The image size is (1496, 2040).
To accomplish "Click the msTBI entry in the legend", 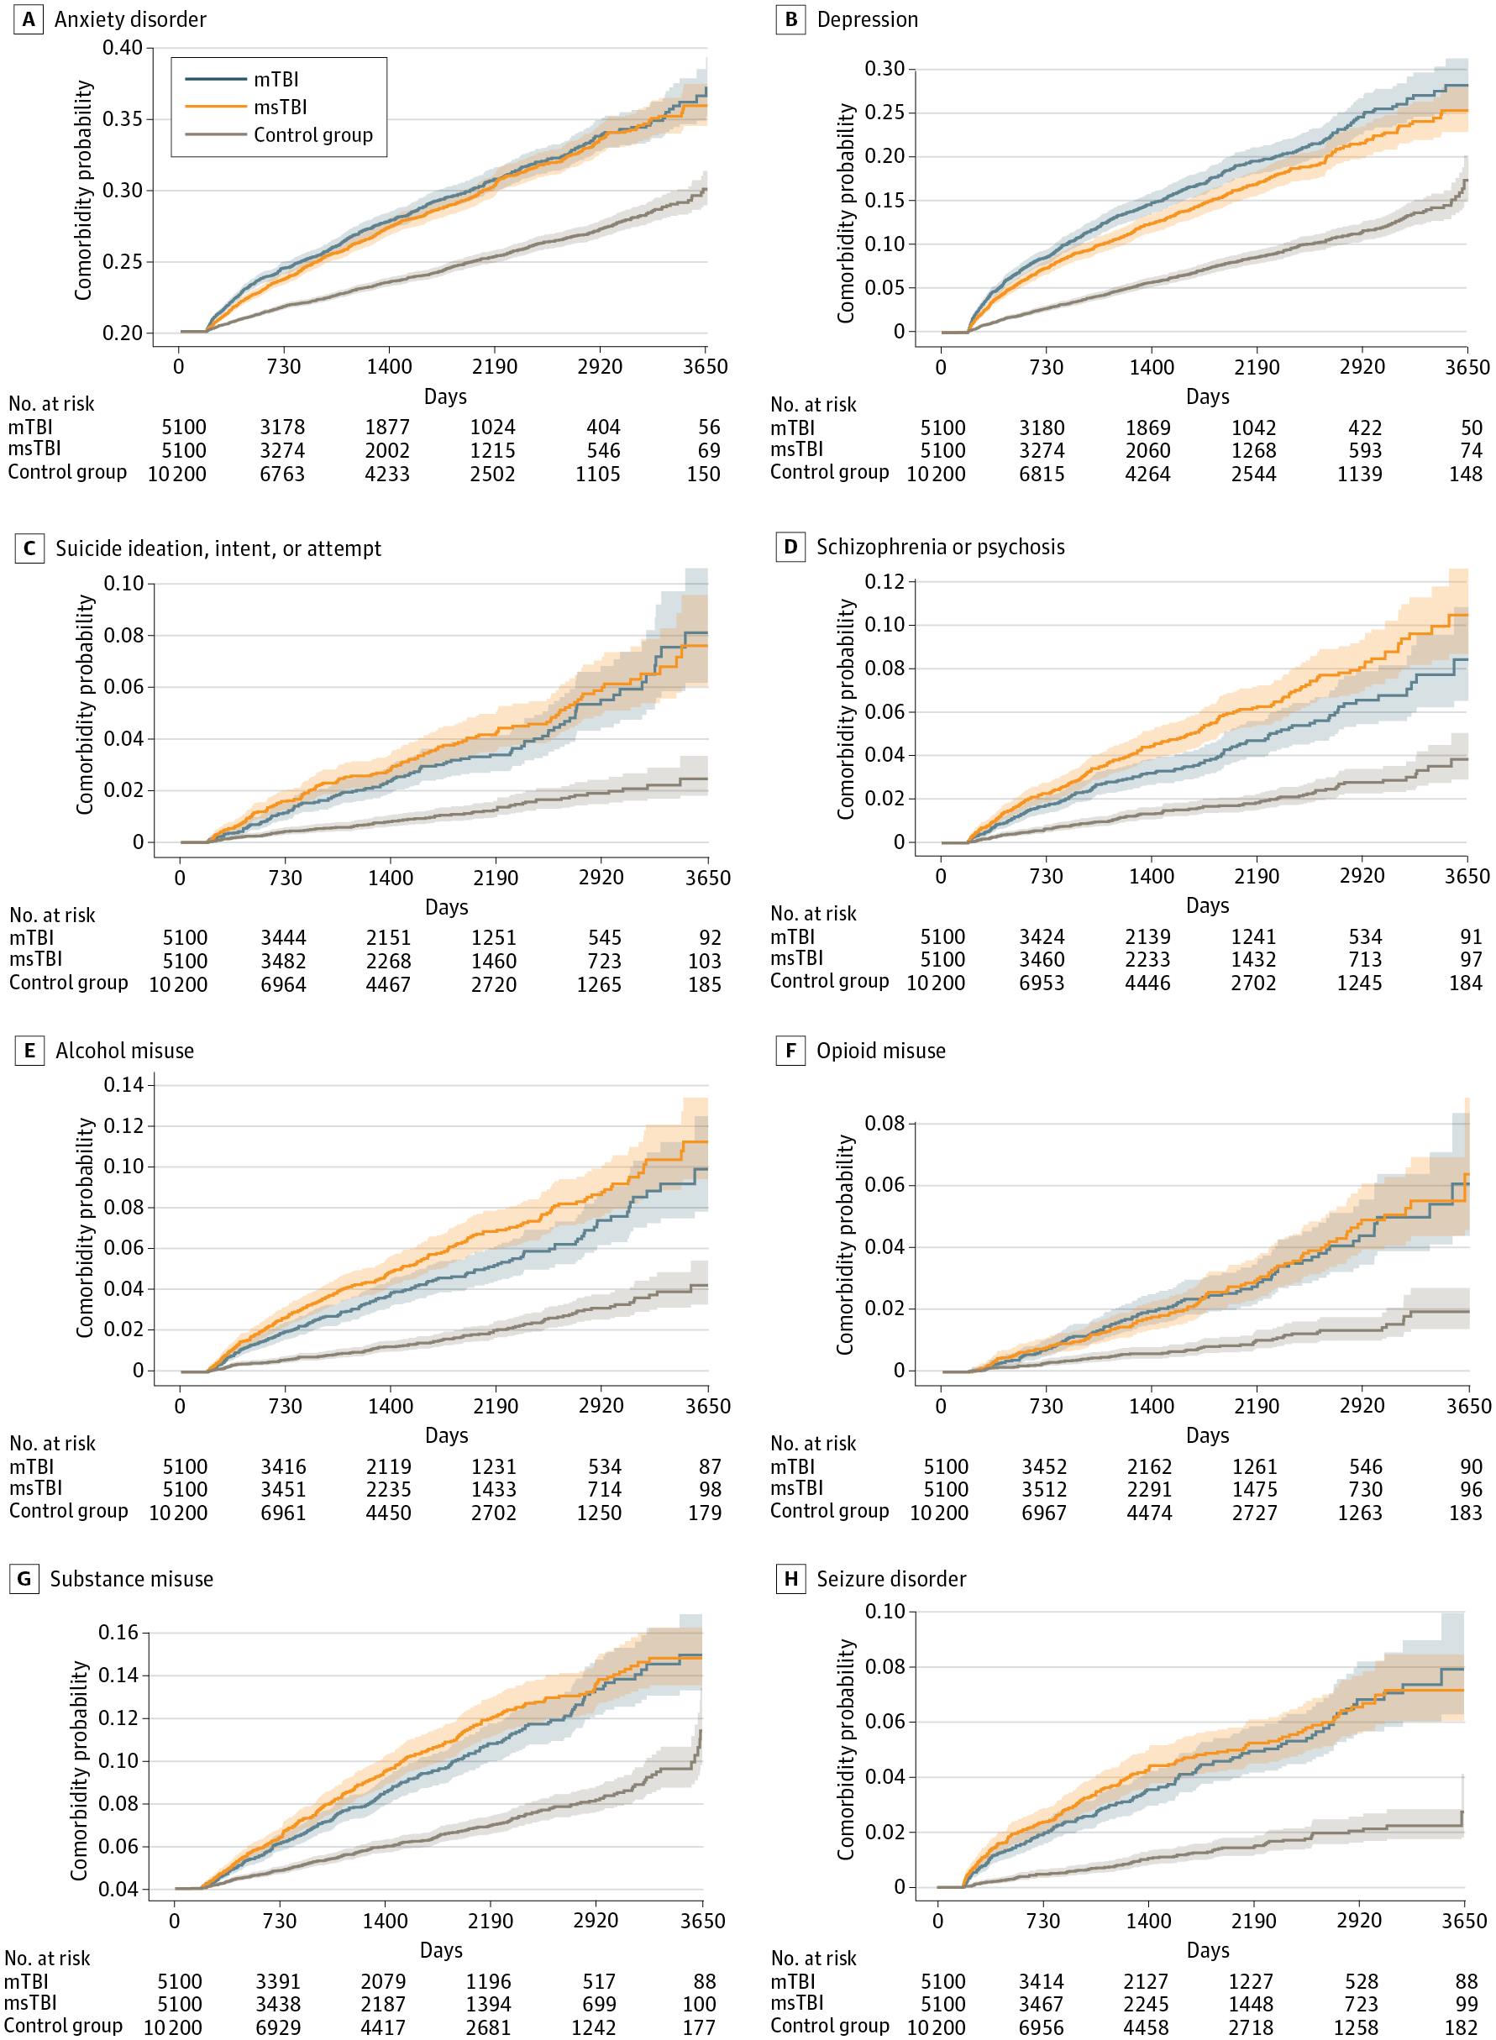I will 280,107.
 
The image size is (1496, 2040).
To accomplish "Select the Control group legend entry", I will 312,135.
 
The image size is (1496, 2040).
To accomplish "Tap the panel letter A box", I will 28,19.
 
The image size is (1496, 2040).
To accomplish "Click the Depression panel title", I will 867,19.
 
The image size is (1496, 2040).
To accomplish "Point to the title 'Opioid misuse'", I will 880,1051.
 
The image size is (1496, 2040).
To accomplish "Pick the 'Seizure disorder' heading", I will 891,1578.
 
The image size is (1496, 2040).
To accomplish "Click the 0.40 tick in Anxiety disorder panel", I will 123,47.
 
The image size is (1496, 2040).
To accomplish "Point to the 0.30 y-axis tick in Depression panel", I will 884,69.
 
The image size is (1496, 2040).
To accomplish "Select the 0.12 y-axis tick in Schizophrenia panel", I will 884,581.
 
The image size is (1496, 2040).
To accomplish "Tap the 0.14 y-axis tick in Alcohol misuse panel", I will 123,1085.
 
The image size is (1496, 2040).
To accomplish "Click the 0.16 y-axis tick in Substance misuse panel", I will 118,1633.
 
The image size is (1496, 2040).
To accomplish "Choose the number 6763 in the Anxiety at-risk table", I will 282,474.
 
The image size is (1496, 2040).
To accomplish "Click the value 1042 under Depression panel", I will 1253,427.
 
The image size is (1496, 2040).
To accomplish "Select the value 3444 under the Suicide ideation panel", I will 283,937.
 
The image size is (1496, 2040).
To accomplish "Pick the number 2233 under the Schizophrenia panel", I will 1147,959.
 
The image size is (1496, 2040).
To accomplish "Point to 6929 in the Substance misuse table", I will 278,2027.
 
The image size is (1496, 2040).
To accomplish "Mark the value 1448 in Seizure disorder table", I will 1251,2004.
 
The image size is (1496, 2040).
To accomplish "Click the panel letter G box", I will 24,1578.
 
